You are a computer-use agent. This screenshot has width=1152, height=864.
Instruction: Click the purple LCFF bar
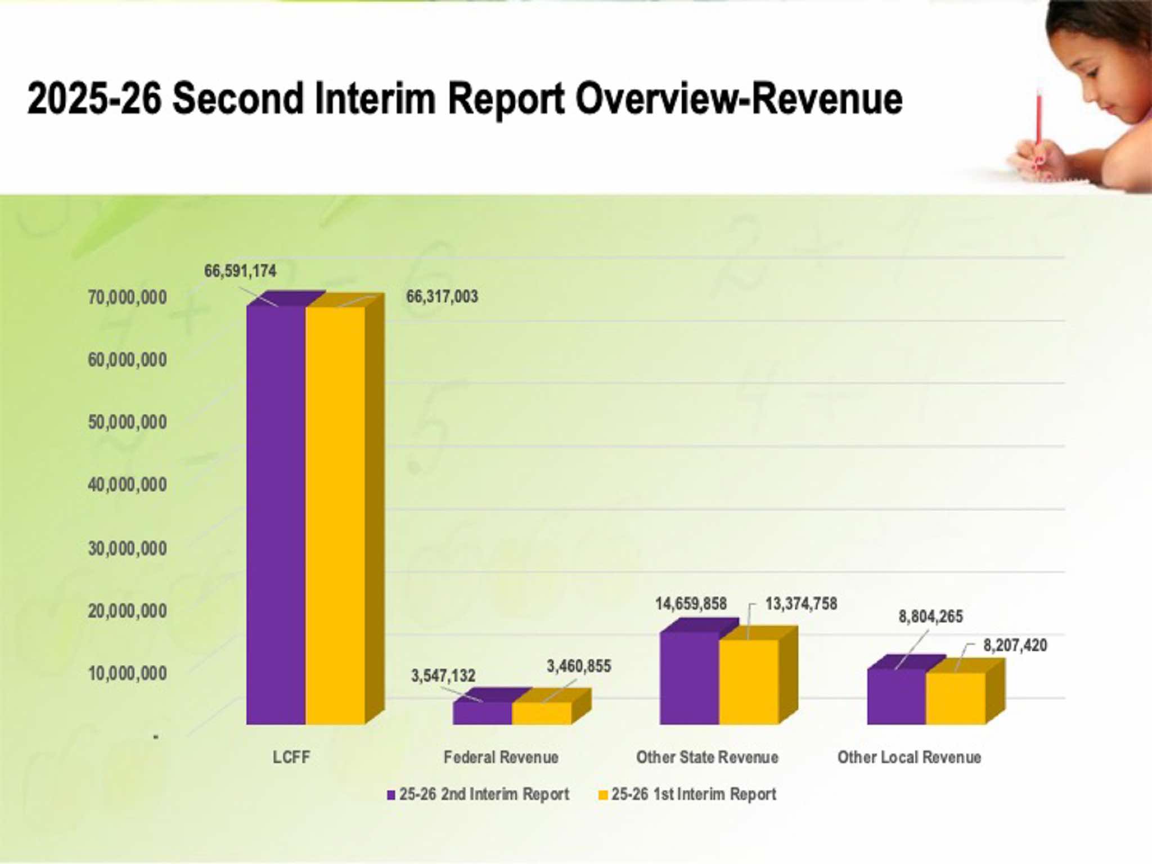coord(276,515)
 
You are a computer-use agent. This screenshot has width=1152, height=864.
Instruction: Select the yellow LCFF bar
coord(335,515)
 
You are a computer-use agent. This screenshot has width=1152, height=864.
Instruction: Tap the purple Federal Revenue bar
coord(482,713)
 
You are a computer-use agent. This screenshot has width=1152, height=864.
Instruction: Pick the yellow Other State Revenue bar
coord(749,682)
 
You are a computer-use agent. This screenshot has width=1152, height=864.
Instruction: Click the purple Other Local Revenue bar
coord(896,696)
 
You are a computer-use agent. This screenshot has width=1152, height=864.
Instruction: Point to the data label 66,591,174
coord(240,271)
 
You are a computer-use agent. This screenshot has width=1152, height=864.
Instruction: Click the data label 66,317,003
coord(442,296)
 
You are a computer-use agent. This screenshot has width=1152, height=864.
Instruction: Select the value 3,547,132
coord(443,676)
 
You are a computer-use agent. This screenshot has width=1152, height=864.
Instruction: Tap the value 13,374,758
coord(801,604)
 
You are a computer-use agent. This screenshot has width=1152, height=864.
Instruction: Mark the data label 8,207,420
coord(1015,645)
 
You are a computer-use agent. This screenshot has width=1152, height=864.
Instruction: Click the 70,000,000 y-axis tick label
coord(127,298)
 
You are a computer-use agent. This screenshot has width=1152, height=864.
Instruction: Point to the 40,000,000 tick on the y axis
coord(127,485)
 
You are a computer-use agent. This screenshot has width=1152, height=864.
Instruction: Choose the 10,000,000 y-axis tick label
coord(127,673)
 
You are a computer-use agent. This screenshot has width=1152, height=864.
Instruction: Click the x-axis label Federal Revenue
coord(501,757)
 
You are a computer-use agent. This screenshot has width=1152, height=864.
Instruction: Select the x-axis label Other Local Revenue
coord(909,757)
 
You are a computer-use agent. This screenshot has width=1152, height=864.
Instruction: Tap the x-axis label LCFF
coord(291,757)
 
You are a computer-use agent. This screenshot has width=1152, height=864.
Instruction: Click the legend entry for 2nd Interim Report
coord(484,794)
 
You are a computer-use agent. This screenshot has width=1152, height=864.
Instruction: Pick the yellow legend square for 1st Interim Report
coord(603,795)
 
